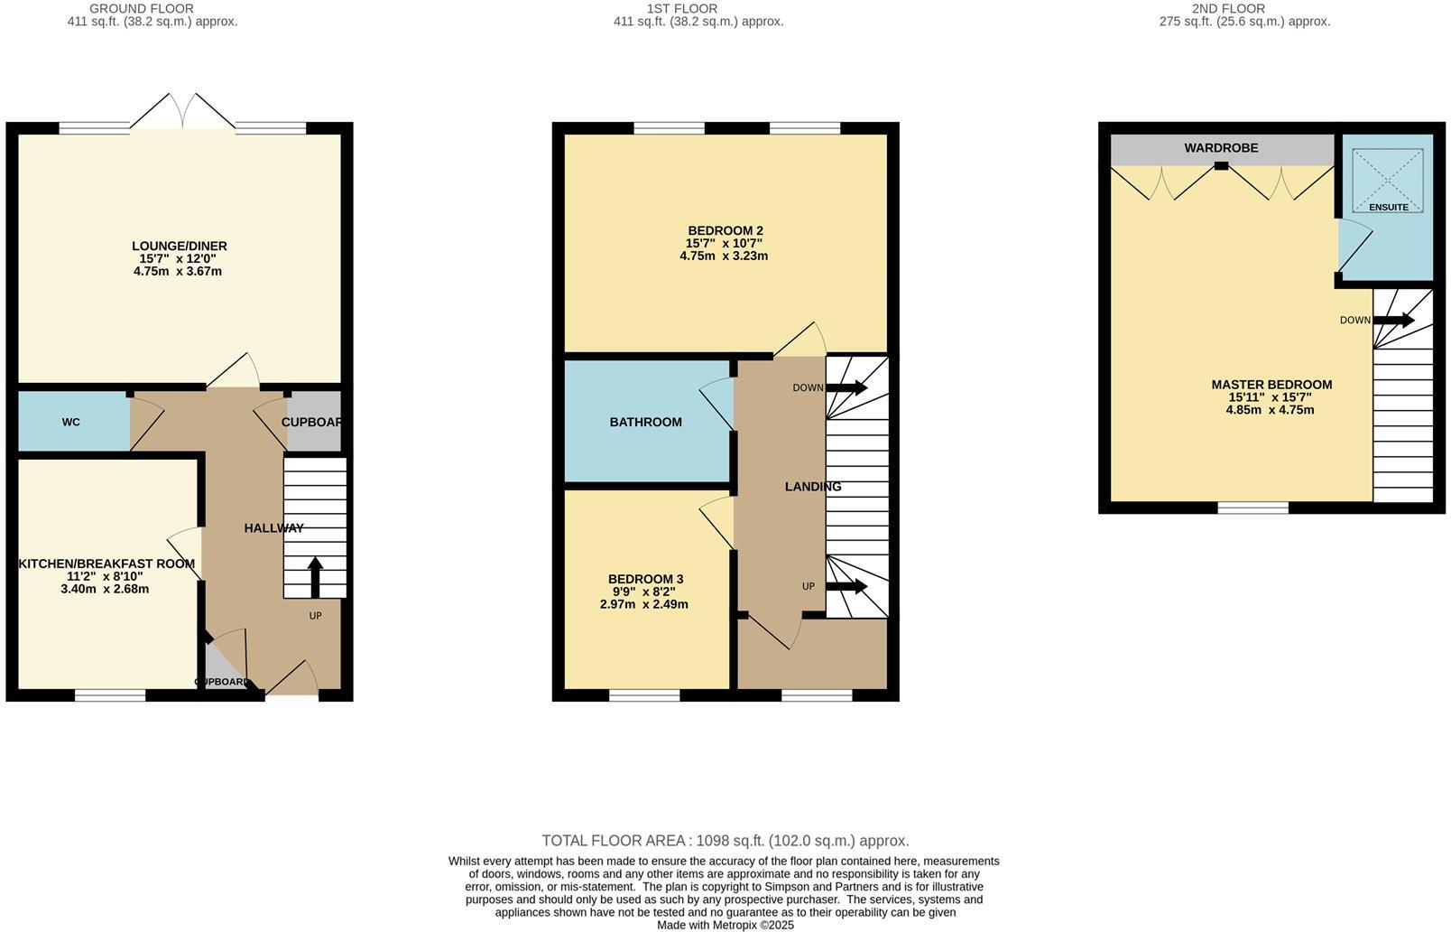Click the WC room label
coord(71,423)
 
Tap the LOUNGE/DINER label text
coord(179,246)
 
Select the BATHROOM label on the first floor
coord(645,422)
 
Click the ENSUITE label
coord(1388,207)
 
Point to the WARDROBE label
coord(1221,147)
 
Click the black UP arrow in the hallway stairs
coord(315,577)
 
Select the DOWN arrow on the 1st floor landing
coord(846,387)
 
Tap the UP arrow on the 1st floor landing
coord(846,587)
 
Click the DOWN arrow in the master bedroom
coord(1393,320)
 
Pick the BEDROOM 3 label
coord(645,579)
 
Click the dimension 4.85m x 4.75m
coord(1270,410)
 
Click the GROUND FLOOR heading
coord(142,8)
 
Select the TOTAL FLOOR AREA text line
coord(725,841)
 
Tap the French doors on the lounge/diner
coord(183,113)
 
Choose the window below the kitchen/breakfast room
coord(110,695)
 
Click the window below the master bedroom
coord(1252,508)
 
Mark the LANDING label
coord(812,486)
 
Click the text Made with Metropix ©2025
coord(725,925)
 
